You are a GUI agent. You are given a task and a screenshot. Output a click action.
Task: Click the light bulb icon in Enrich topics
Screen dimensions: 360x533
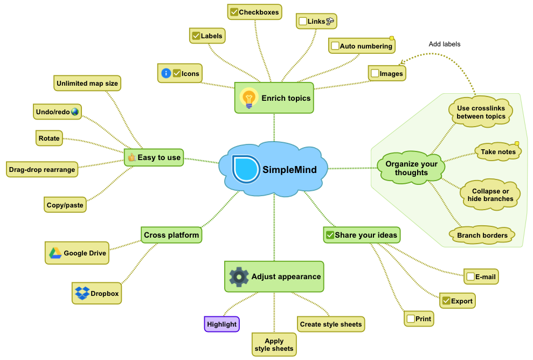click(x=248, y=98)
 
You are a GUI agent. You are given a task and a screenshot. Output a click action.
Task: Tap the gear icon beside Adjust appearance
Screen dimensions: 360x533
click(x=239, y=276)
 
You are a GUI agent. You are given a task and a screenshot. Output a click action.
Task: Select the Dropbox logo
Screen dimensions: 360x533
click(x=82, y=293)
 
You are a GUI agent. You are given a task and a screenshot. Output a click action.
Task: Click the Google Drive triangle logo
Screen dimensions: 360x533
click(x=56, y=253)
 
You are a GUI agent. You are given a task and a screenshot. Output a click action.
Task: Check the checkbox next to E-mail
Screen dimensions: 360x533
click(x=470, y=277)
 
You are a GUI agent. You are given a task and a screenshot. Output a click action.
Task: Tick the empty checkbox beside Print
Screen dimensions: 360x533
click(x=411, y=319)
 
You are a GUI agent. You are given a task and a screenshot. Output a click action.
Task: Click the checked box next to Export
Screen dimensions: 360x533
click(x=446, y=301)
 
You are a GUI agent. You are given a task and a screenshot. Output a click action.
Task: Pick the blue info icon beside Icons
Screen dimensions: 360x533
click(x=166, y=73)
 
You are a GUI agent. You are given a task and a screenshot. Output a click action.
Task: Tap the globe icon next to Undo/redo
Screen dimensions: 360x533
click(x=74, y=112)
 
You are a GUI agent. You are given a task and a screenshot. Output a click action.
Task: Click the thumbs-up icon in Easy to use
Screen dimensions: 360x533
click(x=131, y=158)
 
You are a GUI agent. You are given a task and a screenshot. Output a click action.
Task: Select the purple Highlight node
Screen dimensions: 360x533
click(x=222, y=324)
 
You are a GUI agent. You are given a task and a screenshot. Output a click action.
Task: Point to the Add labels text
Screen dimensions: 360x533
click(x=445, y=44)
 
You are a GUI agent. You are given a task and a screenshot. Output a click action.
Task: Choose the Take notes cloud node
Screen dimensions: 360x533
click(x=498, y=152)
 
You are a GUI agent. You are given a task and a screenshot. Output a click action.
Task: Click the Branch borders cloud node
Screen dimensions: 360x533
click(x=482, y=235)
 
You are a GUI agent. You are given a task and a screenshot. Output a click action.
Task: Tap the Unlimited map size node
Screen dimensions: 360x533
click(x=87, y=84)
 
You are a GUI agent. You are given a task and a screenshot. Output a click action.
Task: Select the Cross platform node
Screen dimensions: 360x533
click(x=171, y=235)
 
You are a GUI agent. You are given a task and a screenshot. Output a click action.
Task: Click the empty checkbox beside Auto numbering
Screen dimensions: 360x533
click(x=335, y=46)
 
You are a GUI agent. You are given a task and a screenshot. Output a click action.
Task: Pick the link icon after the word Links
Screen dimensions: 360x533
click(x=330, y=21)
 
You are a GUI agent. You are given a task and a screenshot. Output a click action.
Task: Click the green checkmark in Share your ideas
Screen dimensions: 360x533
click(x=330, y=235)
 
